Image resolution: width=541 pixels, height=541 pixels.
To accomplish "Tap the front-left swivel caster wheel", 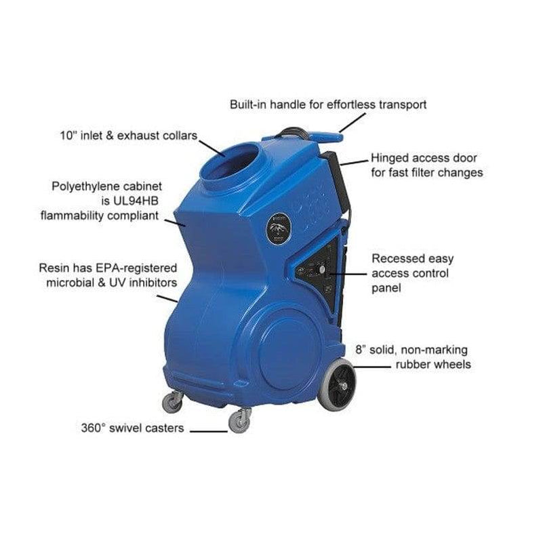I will tap(173, 402).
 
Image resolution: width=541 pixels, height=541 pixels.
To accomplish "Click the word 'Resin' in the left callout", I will tap(54, 268).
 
